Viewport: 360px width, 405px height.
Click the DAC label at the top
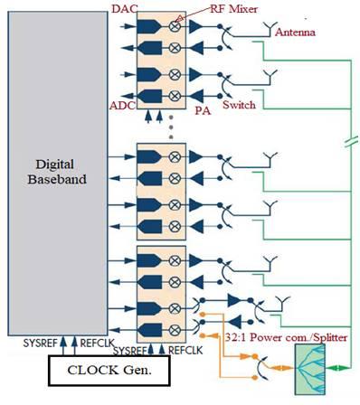[x=123, y=9]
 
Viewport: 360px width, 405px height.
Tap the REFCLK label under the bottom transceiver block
[x=185, y=349]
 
